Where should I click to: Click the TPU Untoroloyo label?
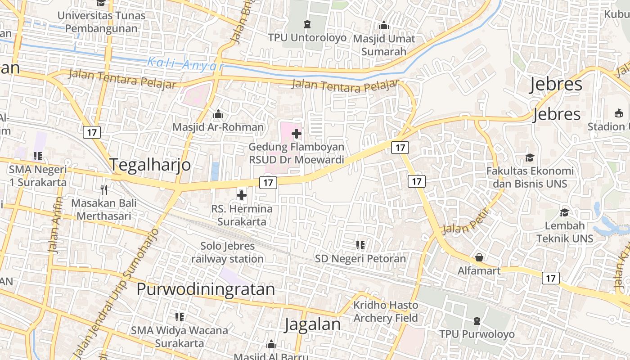(x=307, y=38)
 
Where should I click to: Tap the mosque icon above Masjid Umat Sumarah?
(x=384, y=26)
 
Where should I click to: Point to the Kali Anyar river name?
(x=185, y=63)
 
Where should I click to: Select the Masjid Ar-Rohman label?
(x=218, y=127)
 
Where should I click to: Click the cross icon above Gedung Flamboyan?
(x=297, y=134)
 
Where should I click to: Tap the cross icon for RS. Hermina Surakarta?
(x=242, y=195)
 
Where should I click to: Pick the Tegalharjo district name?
(x=150, y=165)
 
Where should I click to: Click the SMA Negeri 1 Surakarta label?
(x=38, y=176)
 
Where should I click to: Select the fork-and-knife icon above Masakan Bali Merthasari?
(x=104, y=189)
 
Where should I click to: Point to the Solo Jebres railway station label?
(x=228, y=252)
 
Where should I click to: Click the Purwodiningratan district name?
(x=206, y=289)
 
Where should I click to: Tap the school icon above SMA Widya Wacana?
(x=180, y=317)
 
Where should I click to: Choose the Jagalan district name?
(x=313, y=324)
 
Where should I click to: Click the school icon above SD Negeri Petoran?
(x=360, y=245)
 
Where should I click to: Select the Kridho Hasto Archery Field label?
(x=386, y=311)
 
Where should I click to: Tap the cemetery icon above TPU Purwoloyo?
(x=477, y=321)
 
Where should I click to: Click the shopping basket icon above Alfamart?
(x=479, y=257)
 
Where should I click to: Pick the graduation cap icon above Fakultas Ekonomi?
(x=530, y=157)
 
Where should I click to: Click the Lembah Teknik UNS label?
(x=565, y=232)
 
